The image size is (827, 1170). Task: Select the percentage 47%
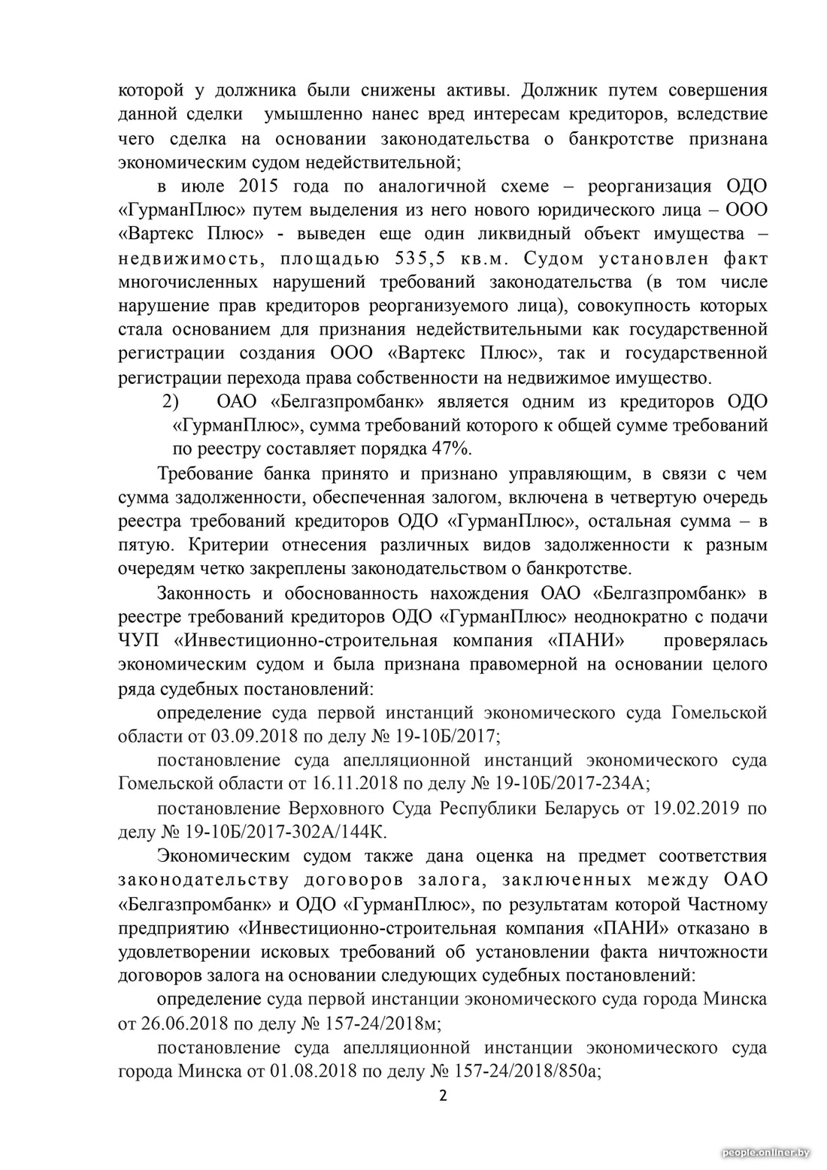[x=450, y=449]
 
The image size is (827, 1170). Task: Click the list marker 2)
[x=171, y=401]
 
